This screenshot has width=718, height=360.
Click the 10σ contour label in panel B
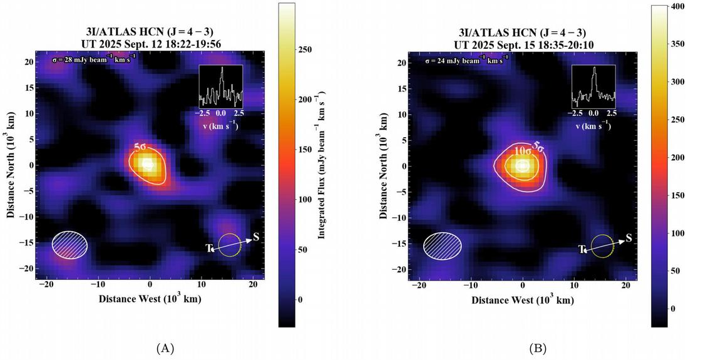[x=523, y=151]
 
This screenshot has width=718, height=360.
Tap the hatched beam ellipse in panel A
[x=69, y=245]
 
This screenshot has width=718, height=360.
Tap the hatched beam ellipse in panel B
[x=443, y=245]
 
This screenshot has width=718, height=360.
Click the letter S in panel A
[x=255, y=237]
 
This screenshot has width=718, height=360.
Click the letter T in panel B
[x=581, y=250]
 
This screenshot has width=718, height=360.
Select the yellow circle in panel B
[x=602, y=246]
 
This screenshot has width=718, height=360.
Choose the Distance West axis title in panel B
[x=523, y=301]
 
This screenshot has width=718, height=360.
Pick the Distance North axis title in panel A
[x=12, y=165]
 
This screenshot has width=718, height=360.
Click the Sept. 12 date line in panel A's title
[x=150, y=43]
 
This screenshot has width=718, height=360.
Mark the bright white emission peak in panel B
[x=523, y=167]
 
